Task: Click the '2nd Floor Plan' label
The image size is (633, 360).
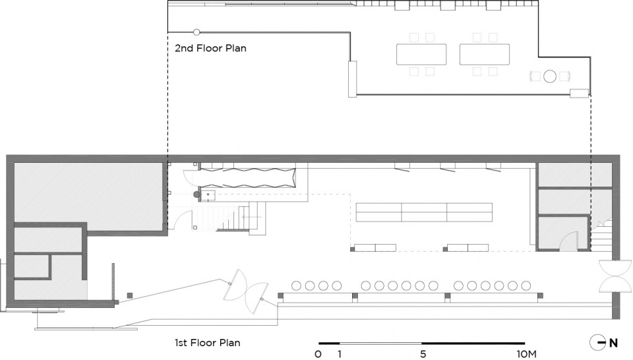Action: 210,48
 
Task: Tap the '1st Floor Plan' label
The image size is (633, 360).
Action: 208,343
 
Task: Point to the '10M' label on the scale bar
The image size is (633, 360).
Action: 526,354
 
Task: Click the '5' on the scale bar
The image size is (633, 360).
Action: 423,354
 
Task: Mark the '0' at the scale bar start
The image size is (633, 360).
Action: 318,354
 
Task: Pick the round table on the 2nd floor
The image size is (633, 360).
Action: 549,76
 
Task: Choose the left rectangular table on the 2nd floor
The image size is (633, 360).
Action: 421,55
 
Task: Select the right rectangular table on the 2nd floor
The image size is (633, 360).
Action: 485,55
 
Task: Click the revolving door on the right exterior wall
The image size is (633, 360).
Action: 615,276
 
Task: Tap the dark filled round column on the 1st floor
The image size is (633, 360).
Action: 196,195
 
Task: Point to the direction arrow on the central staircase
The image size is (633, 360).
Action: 252,217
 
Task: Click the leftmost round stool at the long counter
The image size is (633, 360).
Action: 296,285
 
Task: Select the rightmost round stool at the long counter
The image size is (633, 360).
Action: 526,285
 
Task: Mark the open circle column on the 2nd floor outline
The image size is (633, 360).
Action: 196,32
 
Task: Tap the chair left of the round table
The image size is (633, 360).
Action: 535,76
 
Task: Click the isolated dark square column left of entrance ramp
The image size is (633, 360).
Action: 130,295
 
